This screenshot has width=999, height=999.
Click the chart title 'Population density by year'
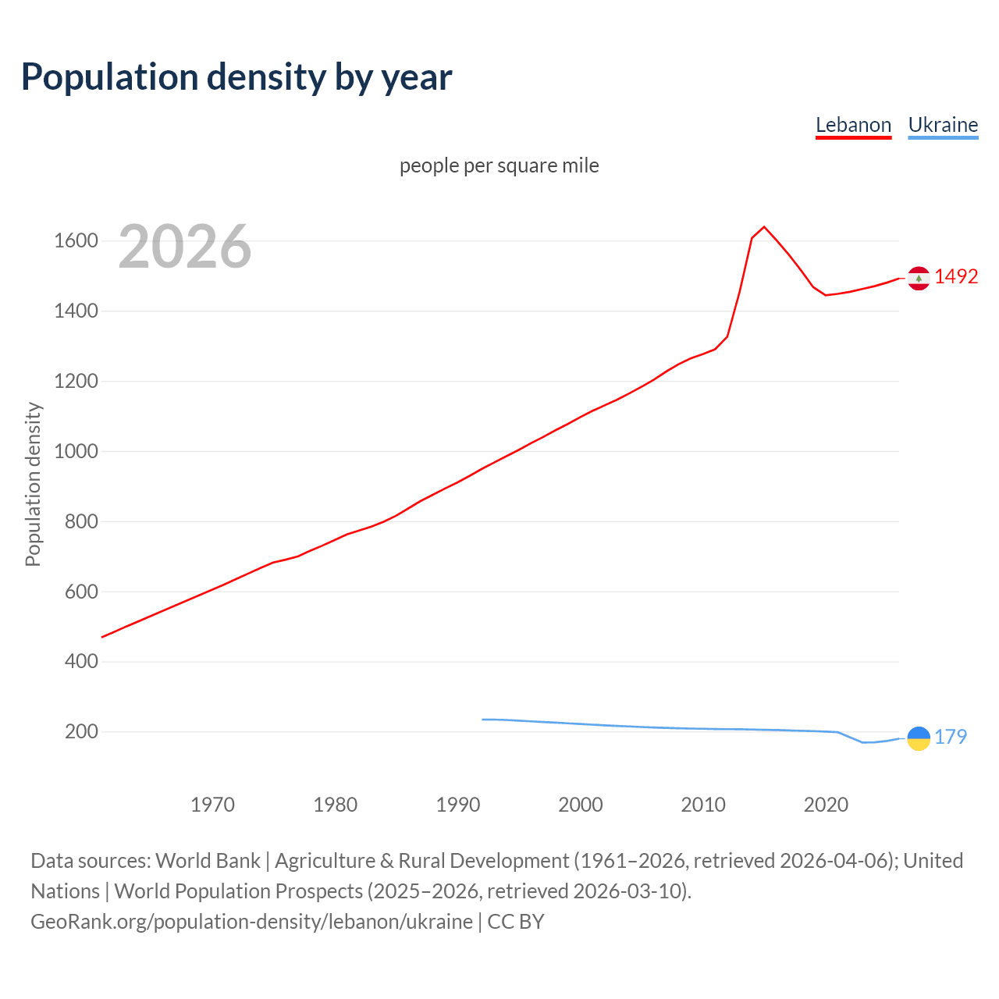(x=236, y=77)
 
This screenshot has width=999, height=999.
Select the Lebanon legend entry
(x=853, y=125)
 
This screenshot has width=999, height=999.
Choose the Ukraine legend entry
(x=943, y=125)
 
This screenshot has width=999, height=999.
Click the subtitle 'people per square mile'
(x=499, y=165)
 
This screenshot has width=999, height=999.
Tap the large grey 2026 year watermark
(x=185, y=247)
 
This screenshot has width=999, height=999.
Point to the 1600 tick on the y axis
(x=76, y=240)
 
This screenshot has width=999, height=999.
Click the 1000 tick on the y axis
(x=76, y=451)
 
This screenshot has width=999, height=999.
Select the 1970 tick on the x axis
(x=212, y=805)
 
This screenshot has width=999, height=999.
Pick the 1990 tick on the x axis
(x=458, y=805)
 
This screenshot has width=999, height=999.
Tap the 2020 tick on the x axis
(x=826, y=805)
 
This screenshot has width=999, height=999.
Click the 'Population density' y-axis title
(x=33, y=484)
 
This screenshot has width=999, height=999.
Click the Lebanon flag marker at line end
(x=919, y=278)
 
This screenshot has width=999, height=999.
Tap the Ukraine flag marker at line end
(x=919, y=738)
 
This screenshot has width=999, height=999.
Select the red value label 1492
(x=956, y=277)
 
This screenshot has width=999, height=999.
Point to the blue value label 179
(x=951, y=737)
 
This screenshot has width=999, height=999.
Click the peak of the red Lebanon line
(x=764, y=227)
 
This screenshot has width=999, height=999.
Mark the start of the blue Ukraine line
(x=483, y=719)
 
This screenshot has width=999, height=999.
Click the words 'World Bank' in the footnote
(x=208, y=861)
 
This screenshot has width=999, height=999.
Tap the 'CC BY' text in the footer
(x=515, y=922)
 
